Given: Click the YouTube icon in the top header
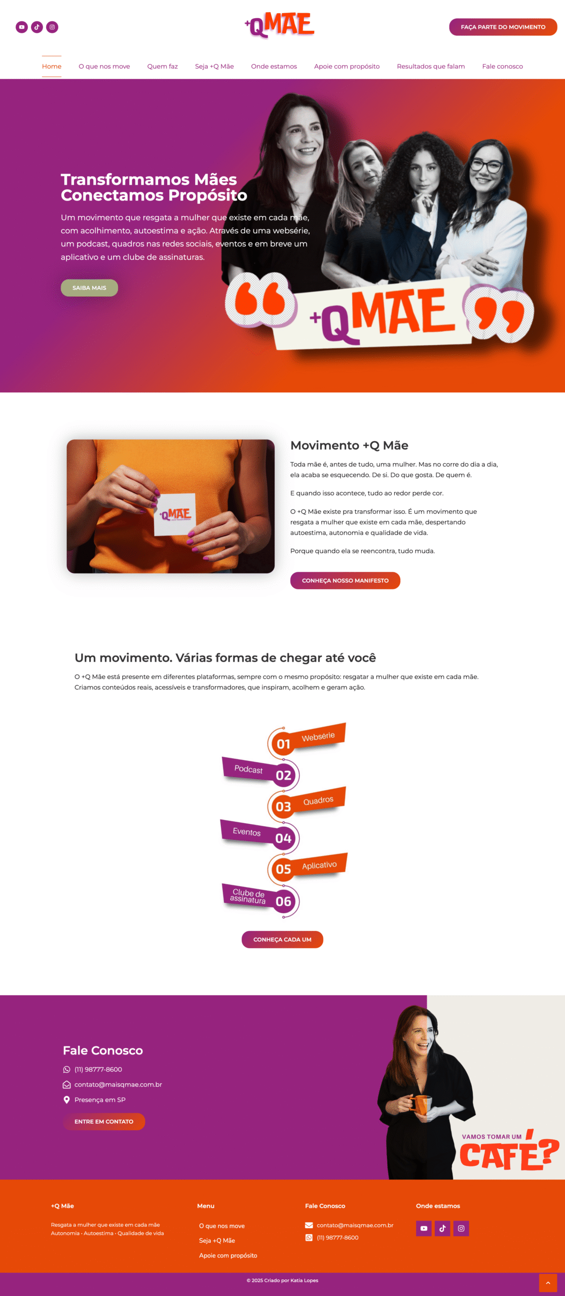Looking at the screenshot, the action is (x=22, y=27).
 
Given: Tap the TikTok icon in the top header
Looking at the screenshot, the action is (x=37, y=27).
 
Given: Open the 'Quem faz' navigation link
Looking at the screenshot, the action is (x=163, y=66).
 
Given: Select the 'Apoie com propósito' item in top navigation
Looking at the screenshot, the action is (x=347, y=66).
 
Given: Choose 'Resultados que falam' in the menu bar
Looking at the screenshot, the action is (x=431, y=66).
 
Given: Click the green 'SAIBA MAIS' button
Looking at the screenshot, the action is (x=89, y=288).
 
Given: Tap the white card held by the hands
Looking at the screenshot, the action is (x=174, y=514).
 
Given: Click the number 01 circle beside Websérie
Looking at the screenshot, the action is (x=283, y=744).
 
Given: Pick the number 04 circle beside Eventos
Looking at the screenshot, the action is (x=283, y=838).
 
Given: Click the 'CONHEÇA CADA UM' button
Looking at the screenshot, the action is (x=282, y=940).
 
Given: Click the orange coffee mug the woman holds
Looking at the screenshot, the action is (x=420, y=1105).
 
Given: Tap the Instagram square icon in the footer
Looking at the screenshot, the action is (x=461, y=1229).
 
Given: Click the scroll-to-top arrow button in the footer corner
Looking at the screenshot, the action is (x=548, y=1283).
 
